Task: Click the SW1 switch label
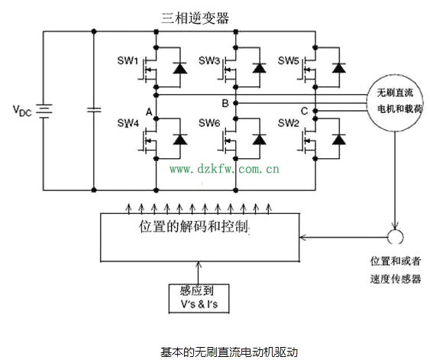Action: [x=128, y=60]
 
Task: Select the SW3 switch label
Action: [x=209, y=60]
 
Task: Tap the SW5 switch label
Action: [x=288, y=60]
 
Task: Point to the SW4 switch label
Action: [x=128, y=123]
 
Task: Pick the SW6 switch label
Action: [x=209, y=123]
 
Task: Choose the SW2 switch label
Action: [x=288, y=123]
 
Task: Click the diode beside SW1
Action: [x=180, y=68]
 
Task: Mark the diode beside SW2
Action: [x=338, y=139]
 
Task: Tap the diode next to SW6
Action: [x=259, y=139]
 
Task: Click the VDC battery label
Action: [x=22, y=110]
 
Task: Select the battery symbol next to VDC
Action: [x=44, y=111]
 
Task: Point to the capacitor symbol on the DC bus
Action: [x=94, y=110]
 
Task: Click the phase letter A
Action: [x=149, y=112]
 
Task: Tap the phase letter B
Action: [x=225, y=103]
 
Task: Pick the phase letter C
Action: [x=304, y=111]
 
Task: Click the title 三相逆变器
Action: [x=195, y=18]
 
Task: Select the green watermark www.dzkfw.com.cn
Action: [x=225, y=169]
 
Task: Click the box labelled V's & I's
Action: [x=199, y=299]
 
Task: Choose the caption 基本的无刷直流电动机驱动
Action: [x=229, y=352]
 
